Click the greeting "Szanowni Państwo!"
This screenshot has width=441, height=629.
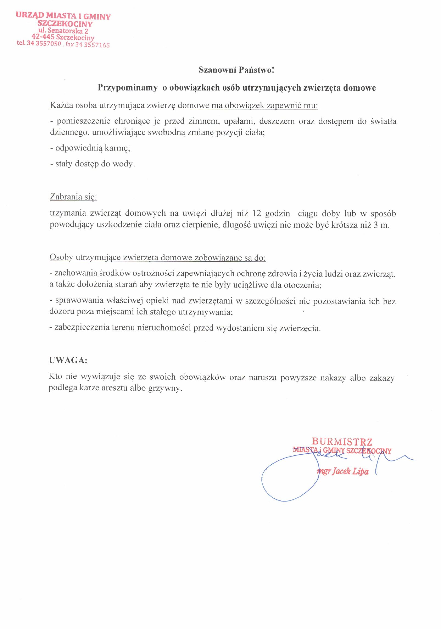click(236, 70)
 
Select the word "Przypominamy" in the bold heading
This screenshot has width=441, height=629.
click(128, 88)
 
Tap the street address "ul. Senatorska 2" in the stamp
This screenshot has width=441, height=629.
click(63, 30)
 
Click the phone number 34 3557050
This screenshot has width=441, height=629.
click(44, 43)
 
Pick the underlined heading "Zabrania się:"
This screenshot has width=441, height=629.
click(73, 197)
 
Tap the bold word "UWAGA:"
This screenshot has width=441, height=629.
click(68, 360)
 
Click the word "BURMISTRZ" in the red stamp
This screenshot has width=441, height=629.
click(342, 442)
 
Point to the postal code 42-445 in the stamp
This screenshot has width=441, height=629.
click(43, 37)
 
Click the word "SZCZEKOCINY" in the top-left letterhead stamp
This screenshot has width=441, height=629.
click(65, 23)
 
